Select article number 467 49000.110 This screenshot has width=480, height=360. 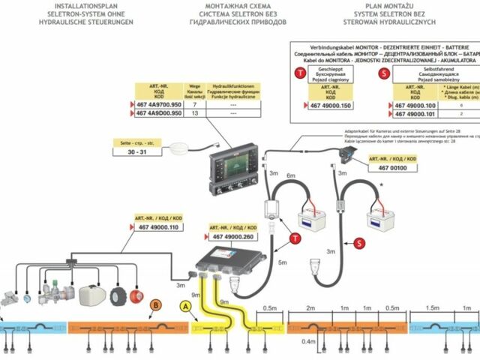point(156,227)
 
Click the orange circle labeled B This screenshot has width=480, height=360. point(155,305)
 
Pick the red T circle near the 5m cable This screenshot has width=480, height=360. point(295,237)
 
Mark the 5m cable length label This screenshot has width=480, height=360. point(283,263)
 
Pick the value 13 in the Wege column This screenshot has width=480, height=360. point(195,113)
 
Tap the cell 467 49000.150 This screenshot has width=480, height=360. point(330,106)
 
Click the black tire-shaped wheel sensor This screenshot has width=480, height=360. point(118,296)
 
